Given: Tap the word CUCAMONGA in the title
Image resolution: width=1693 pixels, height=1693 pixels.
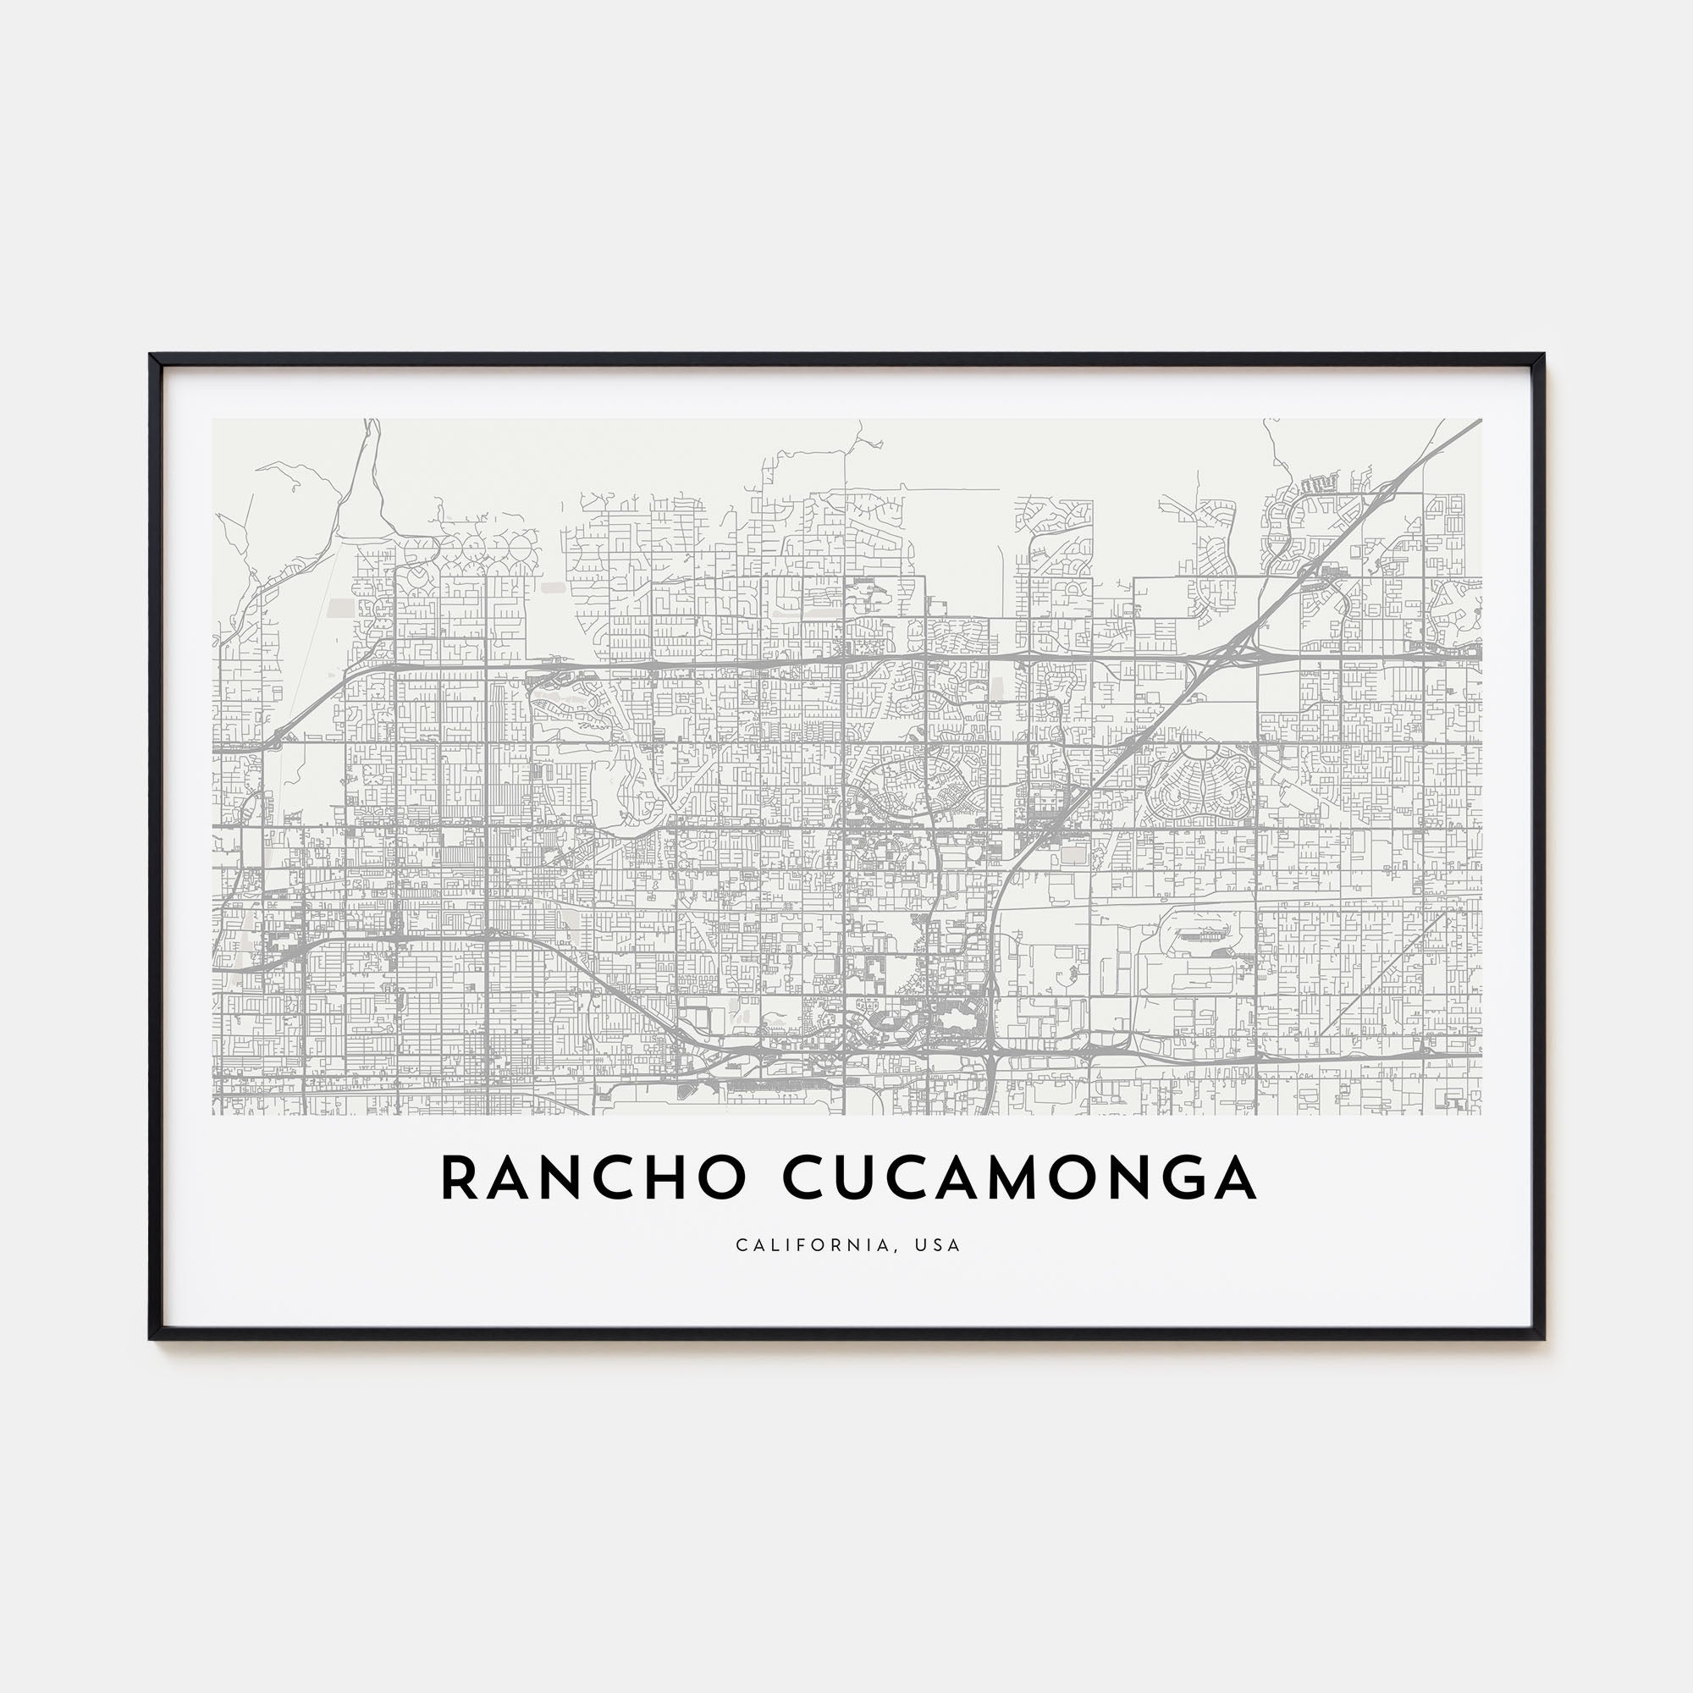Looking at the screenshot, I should click(1019, 1179).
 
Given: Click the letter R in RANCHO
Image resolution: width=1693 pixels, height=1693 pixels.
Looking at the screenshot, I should click(459, 1179).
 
